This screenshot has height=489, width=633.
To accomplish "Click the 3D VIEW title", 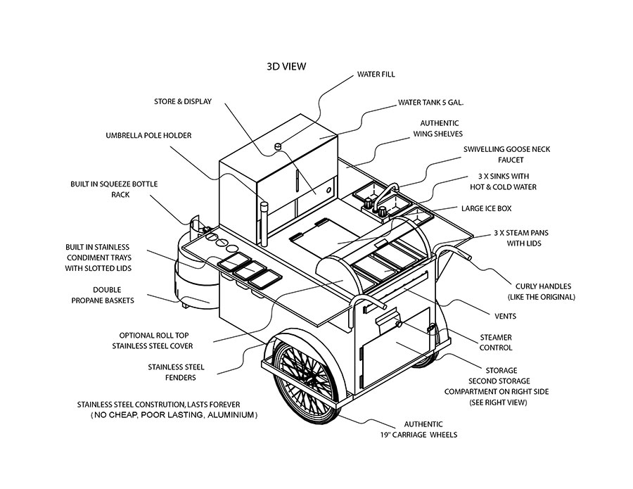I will [x=286, y=67].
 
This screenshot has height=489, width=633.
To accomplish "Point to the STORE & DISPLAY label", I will [x=183, y=102].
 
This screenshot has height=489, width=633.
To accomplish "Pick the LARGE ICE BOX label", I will [x=486, y=208].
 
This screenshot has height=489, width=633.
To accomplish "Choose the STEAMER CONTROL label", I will [x=496, y=343].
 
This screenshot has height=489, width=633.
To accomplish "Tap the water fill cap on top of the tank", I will [x=277, y=146].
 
